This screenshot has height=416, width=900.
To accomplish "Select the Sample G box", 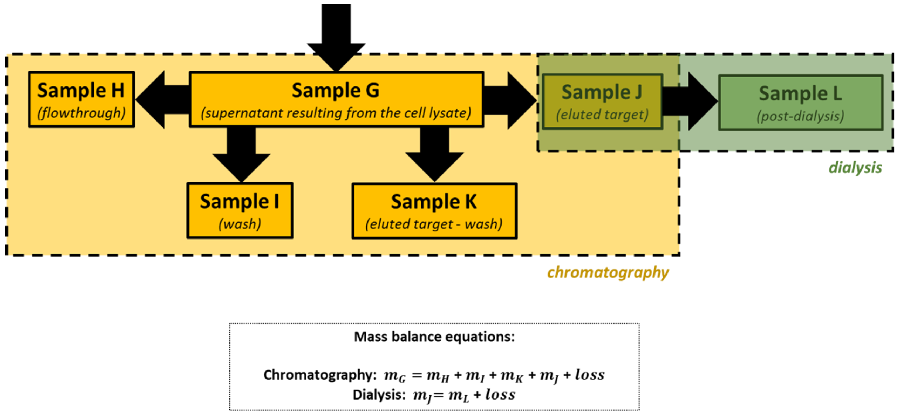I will pyautogui.click(x=336, y=99).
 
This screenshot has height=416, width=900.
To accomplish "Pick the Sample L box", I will pyautogui.click(x=800, y=103).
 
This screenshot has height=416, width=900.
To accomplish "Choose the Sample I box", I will pyautogui.click(x=240, y=210).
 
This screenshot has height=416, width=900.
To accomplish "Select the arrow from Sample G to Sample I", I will pyautogui.click(x=241, y=154).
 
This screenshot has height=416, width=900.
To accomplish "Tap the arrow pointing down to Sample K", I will pyautogui.click(x=434, y=154).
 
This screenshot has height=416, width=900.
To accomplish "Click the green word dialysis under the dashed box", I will pyautogui.click(x=855, y=168).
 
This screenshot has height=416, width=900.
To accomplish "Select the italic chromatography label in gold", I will pyautogui.click(x=608, y=272).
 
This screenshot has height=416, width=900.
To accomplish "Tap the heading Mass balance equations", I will pyautogui.click(x=434, y=337).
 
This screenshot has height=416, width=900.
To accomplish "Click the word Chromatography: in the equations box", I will pyautogui.click(x=320, y=375).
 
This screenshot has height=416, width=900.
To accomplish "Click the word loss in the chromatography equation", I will pyautogui.click(x=590, y=375).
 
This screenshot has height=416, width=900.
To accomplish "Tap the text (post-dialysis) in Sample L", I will pyautogui.click(x=800, y=116).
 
